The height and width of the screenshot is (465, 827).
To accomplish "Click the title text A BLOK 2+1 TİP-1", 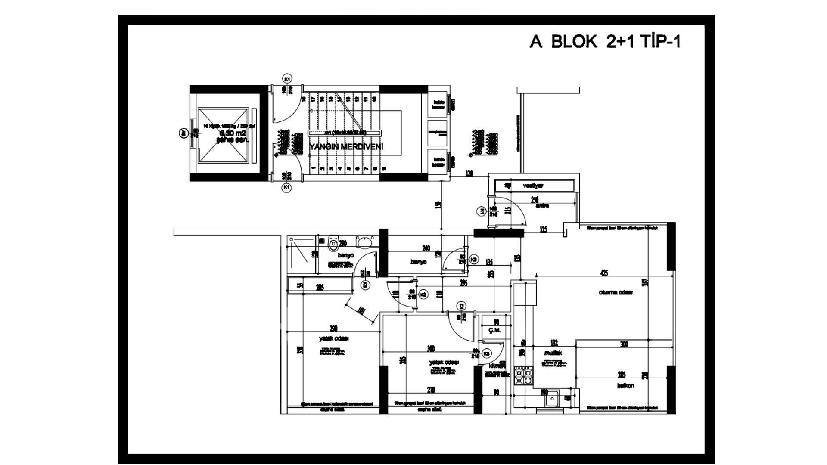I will pyautogui.click(x=605, y=42).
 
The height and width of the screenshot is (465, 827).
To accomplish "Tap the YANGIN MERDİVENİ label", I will pyautogui.click(x=346, y=147).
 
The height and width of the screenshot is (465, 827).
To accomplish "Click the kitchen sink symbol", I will pyautogui.click(x=551, y=399).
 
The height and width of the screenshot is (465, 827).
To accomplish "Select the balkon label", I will pyautogui.click(x=625, y=386).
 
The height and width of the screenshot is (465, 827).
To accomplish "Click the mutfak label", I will pyautogui.click(x=553, y=353).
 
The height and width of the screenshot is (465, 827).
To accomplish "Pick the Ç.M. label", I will pyautogui.click(x=495, y=330).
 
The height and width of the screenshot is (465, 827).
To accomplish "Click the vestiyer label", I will pyautogui.click(x=533, y=186).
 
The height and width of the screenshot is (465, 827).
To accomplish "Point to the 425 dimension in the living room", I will pyautogui.click(x=604, y=273).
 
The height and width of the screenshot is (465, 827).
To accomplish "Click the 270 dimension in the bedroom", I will pyautogui.click(x=431, y=390).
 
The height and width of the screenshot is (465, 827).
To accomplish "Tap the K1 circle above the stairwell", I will pyautogui.click(x=287, y=78).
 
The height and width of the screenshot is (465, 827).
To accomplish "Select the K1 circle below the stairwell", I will pyautogui.click(x=286, y=188).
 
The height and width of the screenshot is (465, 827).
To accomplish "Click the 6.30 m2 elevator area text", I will pyautogui.click(x=233, y=133).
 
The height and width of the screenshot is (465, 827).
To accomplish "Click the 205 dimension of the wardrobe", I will pyautogui.click(x=320, y=288).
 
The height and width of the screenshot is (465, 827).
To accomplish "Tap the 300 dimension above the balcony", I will pyautogui.click(x=624, y=344).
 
